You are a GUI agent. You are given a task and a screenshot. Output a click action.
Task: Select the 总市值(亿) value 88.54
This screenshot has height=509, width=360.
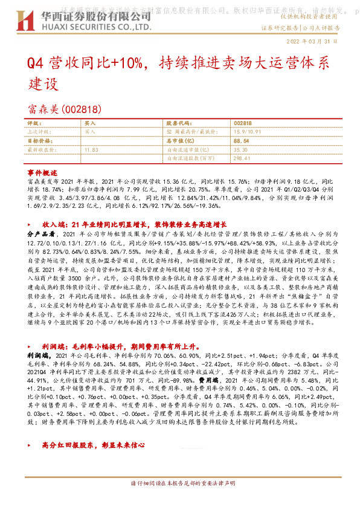pos(241,140)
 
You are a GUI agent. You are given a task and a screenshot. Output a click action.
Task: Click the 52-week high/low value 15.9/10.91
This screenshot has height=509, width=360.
pos(248,131)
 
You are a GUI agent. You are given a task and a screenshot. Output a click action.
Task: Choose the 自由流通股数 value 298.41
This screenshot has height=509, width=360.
pos(242,157)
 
